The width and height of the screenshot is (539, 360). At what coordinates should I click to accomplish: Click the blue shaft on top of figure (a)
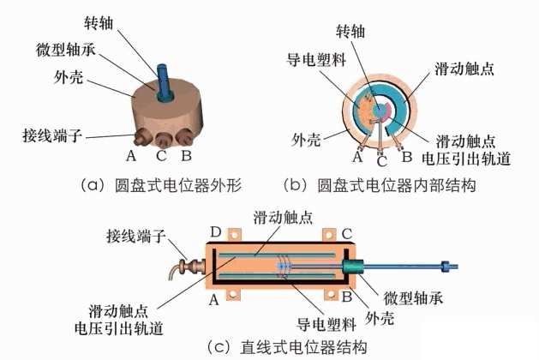164,72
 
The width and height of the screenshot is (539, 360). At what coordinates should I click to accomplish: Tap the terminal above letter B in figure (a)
181,137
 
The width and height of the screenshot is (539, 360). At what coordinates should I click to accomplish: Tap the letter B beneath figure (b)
407,156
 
